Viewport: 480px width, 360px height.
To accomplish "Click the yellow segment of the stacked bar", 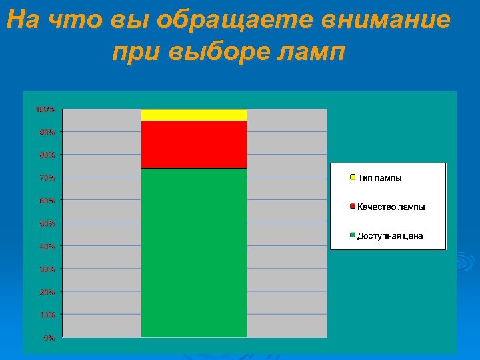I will tap(194, 115).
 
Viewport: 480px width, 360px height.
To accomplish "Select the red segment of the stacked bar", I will tap(194, 144).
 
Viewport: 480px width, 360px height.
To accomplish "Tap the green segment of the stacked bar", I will tap(194, 253).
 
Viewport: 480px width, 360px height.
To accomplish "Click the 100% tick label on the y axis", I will tap(45, 109).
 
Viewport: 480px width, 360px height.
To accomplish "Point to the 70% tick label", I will tap(47, 178).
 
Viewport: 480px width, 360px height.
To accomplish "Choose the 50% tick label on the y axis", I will tap(47, 223).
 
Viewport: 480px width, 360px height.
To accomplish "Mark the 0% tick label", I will tap(49, 337).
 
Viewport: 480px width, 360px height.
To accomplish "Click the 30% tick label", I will tap(47, 269).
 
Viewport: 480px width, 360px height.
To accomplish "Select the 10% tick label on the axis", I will tap(47, 315).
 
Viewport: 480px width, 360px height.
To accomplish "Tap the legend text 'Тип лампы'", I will tap(379, 178).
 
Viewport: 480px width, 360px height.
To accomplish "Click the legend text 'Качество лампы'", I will tap(391, 207).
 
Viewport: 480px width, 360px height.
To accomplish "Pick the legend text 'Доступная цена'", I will tap(390, 236).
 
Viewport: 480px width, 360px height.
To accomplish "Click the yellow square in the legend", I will tap(352, 177).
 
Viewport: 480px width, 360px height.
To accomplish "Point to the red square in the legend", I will tap(352, 207).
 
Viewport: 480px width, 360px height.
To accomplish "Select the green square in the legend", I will tap(352, 235).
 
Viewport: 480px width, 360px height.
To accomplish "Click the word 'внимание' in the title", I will tap(387, 21).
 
